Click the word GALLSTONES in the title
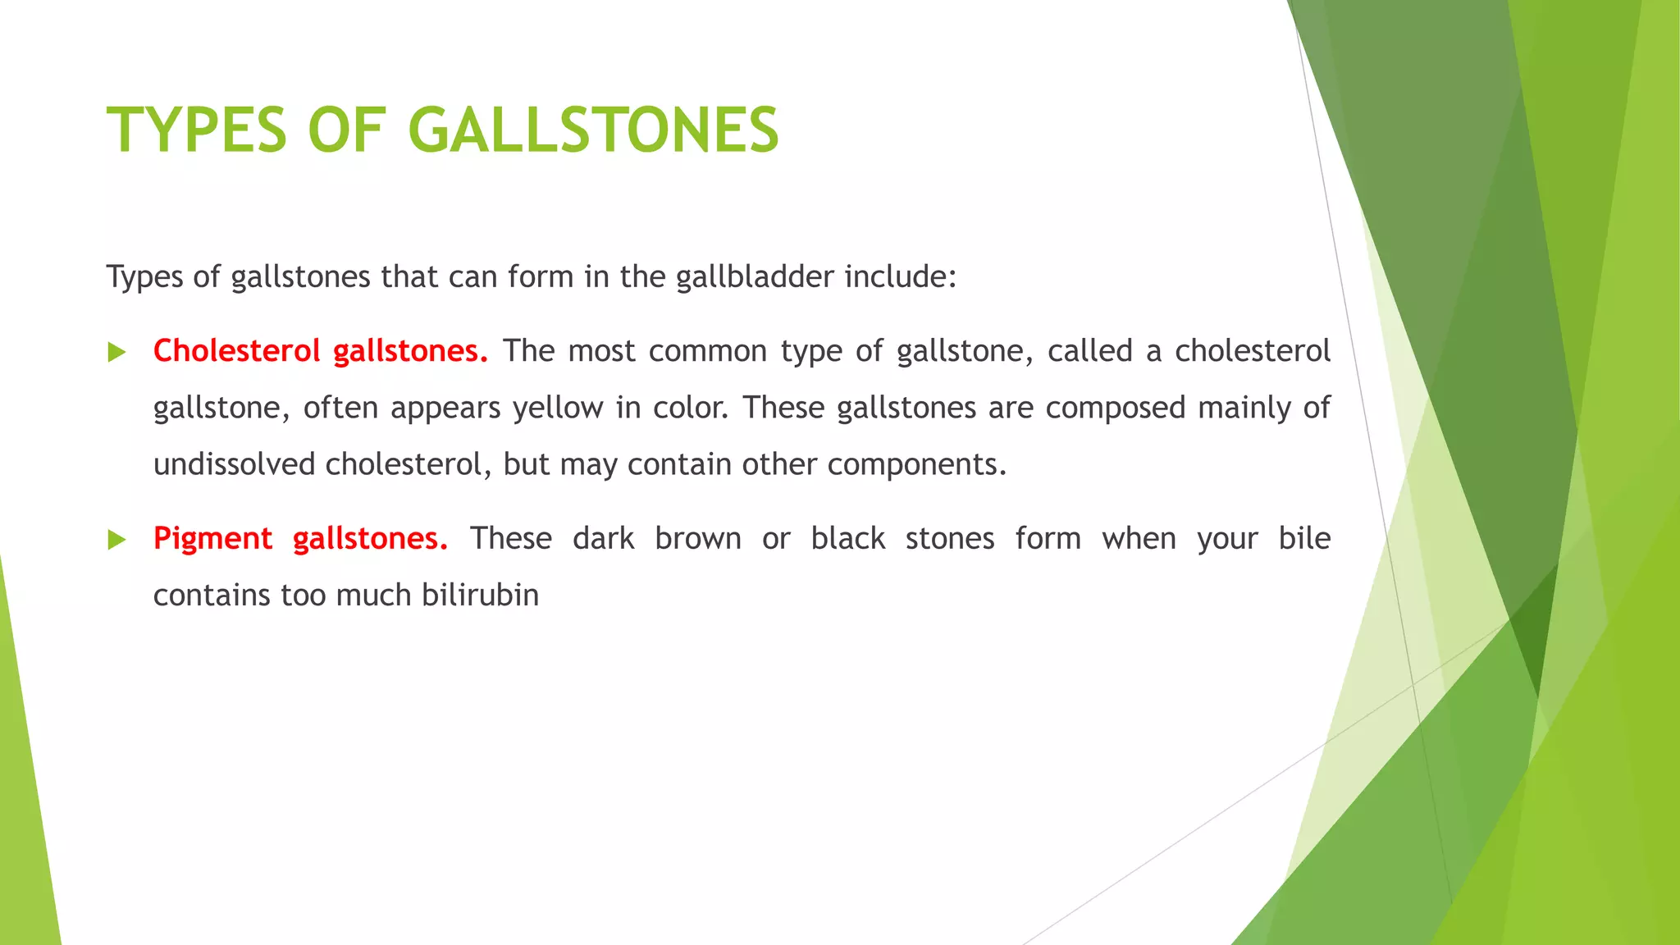[x=592, y=130]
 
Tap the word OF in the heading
[x=346, y=130]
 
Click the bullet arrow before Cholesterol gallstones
[x=116, y=353]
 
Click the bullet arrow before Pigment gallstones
[x=116, y=540]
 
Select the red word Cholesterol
[x=236, y=351]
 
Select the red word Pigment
[x=212, y=539]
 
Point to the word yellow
[x=558, y=409]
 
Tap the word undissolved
[x=234, y=465]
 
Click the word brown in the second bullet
[x=698, y=539]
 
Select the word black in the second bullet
[x=847, y=539]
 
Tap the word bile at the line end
[x=1304, y=539]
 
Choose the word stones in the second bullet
[x=950, y=539]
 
